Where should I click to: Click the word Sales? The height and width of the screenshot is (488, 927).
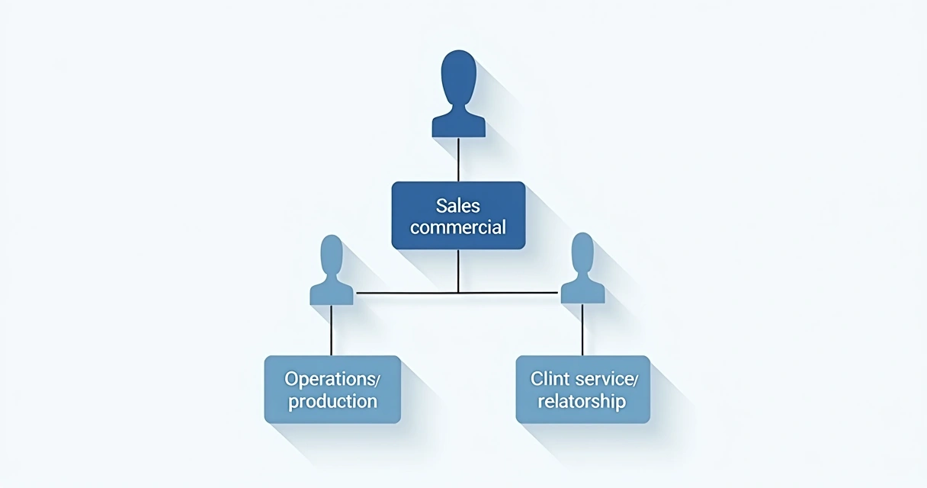[x=458, y=205]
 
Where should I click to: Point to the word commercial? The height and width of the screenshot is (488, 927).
[x=458, y=226]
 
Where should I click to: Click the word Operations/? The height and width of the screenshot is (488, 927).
[x=332, y=378]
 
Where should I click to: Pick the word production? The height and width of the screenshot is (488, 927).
[x=332, y=401]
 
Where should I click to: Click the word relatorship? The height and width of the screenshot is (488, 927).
[x=582, y=401]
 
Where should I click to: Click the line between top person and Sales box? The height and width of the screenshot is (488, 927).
[x=458, y=159]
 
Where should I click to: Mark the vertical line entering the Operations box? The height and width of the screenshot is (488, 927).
[x=332, y=330]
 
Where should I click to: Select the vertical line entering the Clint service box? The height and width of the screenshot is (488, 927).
[x=582, y=330]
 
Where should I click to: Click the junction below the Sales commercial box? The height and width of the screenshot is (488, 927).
[x=458, y=292]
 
